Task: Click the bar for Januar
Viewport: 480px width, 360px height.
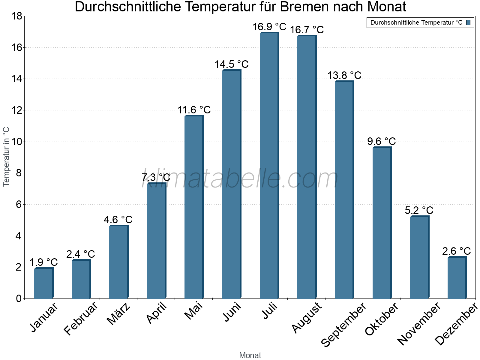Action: [x=43, y=283]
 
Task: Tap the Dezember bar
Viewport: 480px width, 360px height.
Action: [x=457, y=278]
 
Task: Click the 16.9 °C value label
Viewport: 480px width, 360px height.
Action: [x=269, y=27]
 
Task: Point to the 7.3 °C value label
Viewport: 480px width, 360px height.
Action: [x=156, y=178]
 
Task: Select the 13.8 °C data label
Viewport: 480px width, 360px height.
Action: [x=344, y=75]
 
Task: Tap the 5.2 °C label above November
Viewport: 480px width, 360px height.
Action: [x=419, y=210]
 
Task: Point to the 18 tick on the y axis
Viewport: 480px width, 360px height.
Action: [x=16, y=16]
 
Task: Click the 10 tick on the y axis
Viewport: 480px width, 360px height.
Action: [x=16, y=142]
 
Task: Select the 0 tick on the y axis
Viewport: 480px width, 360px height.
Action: [x=19, y=298]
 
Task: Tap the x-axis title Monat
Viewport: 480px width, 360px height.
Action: [x=250, y=355]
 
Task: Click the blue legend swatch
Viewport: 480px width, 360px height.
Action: [x=468, y=22]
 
